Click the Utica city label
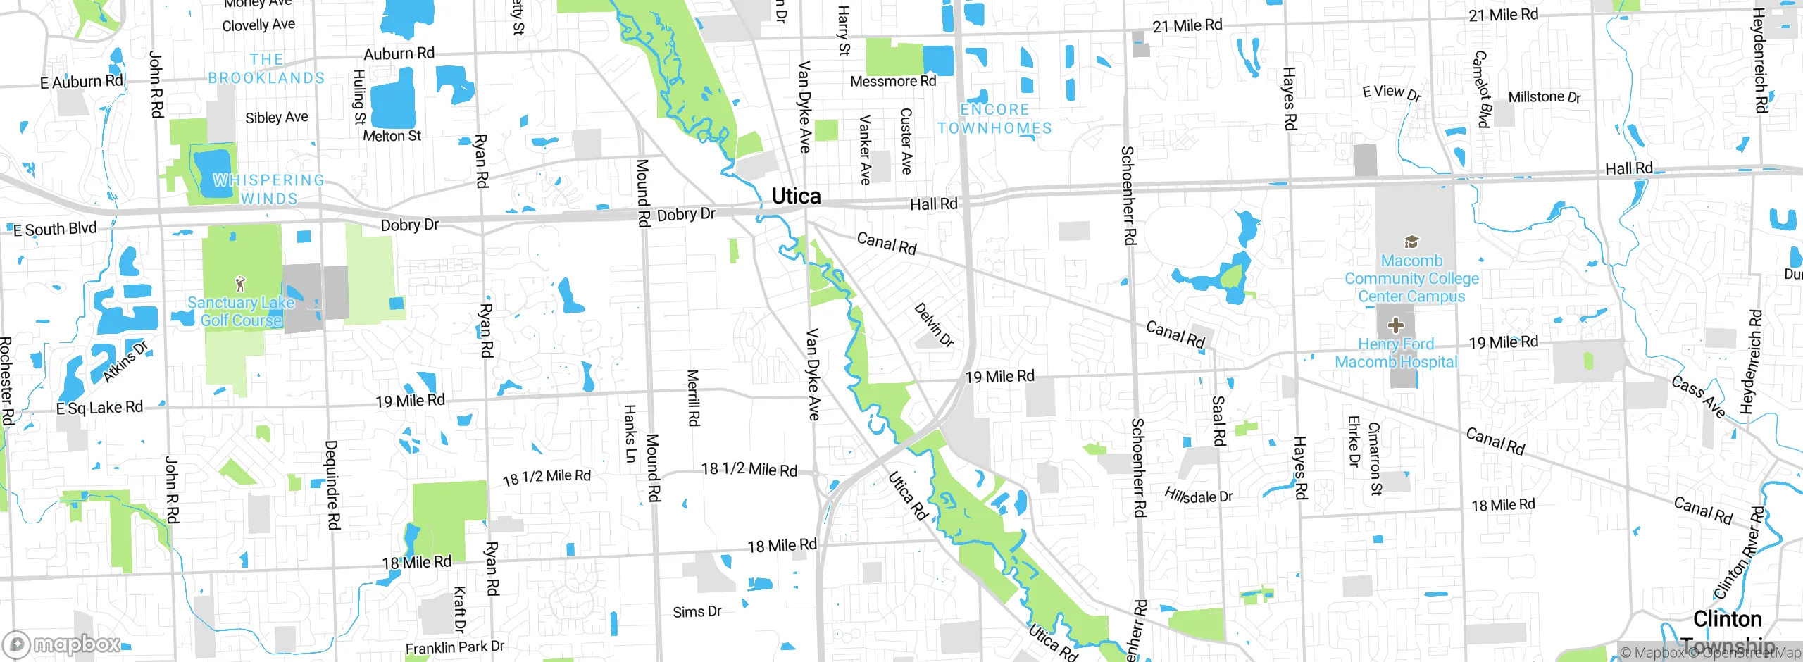click(796, 196)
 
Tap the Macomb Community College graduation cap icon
click(1411, 243)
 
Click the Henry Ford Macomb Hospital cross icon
click(1395, 325)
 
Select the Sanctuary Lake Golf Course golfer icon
click(241, 284)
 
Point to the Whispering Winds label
click(269, 189)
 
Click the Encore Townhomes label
click(994, 119)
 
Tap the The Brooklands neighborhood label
click(266, 69)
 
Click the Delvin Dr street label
click(934, 325)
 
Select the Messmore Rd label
click(893, 82)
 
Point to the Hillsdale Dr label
click(1198, 496)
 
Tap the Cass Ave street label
click(1699, 396)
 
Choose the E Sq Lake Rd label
click(99, 408)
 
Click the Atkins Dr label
click(125, 361)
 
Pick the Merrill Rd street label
click(693, 397)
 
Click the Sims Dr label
click(697, 612)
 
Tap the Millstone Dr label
click(1545, 97)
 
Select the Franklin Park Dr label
click(455, 647)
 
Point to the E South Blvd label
click(55, 229)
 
